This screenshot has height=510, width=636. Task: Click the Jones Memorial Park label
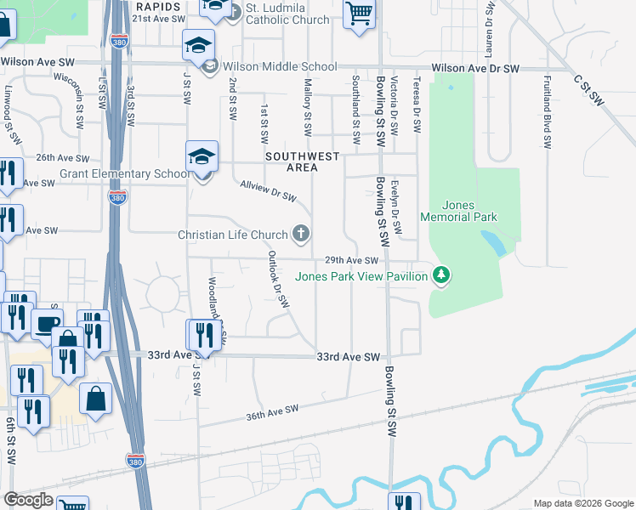tap(469, 211)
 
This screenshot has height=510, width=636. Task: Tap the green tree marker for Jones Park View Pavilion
tap(440, 275)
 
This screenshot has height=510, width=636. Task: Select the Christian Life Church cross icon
tap(300, 234)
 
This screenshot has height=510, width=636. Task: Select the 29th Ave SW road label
tap(351, 260)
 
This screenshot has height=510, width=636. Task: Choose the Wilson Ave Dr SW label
tap(474, 67)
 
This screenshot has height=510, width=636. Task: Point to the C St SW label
tap(588, 89)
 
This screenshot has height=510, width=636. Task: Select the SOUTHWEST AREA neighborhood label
tap(303, 161)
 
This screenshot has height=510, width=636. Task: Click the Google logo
tap(28, 500)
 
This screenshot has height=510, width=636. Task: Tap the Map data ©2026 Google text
tap(582, 503)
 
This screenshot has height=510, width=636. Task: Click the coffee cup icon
tap(46, 322)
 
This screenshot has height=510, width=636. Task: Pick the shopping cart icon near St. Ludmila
tap(360, 12)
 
